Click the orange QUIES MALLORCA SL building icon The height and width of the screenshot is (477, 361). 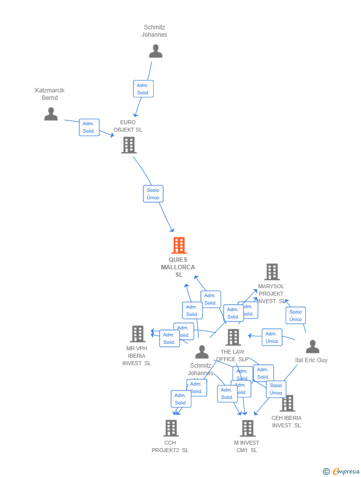pyautogui.click(x=179, y=245)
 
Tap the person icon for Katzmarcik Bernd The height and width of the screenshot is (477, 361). pyautogui.click(x=51, y=114)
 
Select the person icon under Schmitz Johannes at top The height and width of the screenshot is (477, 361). pyautogui.click(x=156, y=51)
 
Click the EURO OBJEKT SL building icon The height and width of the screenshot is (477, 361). pyautogui.click(x=128, y=145)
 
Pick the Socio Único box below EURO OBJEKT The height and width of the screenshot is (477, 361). pyautogui.click(x=153, y=194)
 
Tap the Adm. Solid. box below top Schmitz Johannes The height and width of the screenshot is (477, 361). pyautogui.click(x=143, y=89)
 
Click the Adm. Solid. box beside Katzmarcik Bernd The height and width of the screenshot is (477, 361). pyautogui.click(x=89, y=127)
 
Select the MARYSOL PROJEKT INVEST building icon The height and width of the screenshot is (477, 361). pyautogui.click(x=272, y=272)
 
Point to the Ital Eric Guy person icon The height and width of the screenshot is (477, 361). pyautogui.click(x=312, y=346)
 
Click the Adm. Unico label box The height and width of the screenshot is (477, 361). pyautogui.click(x=272, y=337)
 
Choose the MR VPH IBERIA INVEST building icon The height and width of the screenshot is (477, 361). pyautogui.click(x=138, y=334)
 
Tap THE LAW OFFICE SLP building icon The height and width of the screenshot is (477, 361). pyautogui.click(x=233, y=337)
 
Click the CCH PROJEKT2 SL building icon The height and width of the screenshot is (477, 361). pyautogui.click(x=171, y=428)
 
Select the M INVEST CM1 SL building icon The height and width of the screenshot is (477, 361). pyautogui.click(x=247, y=428)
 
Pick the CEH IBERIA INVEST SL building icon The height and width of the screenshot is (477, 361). pyautogui.click(x=287, y=403)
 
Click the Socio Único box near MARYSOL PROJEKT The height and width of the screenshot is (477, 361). pyautogui.click(x=296, y=316)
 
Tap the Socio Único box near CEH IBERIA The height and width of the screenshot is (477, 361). pyautogui.click(x=276, y=389)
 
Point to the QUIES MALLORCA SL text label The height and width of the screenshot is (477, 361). pyautogui.click(x=178, y=267)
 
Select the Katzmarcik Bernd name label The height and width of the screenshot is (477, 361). pyautogui.click(x=50, y=94)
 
